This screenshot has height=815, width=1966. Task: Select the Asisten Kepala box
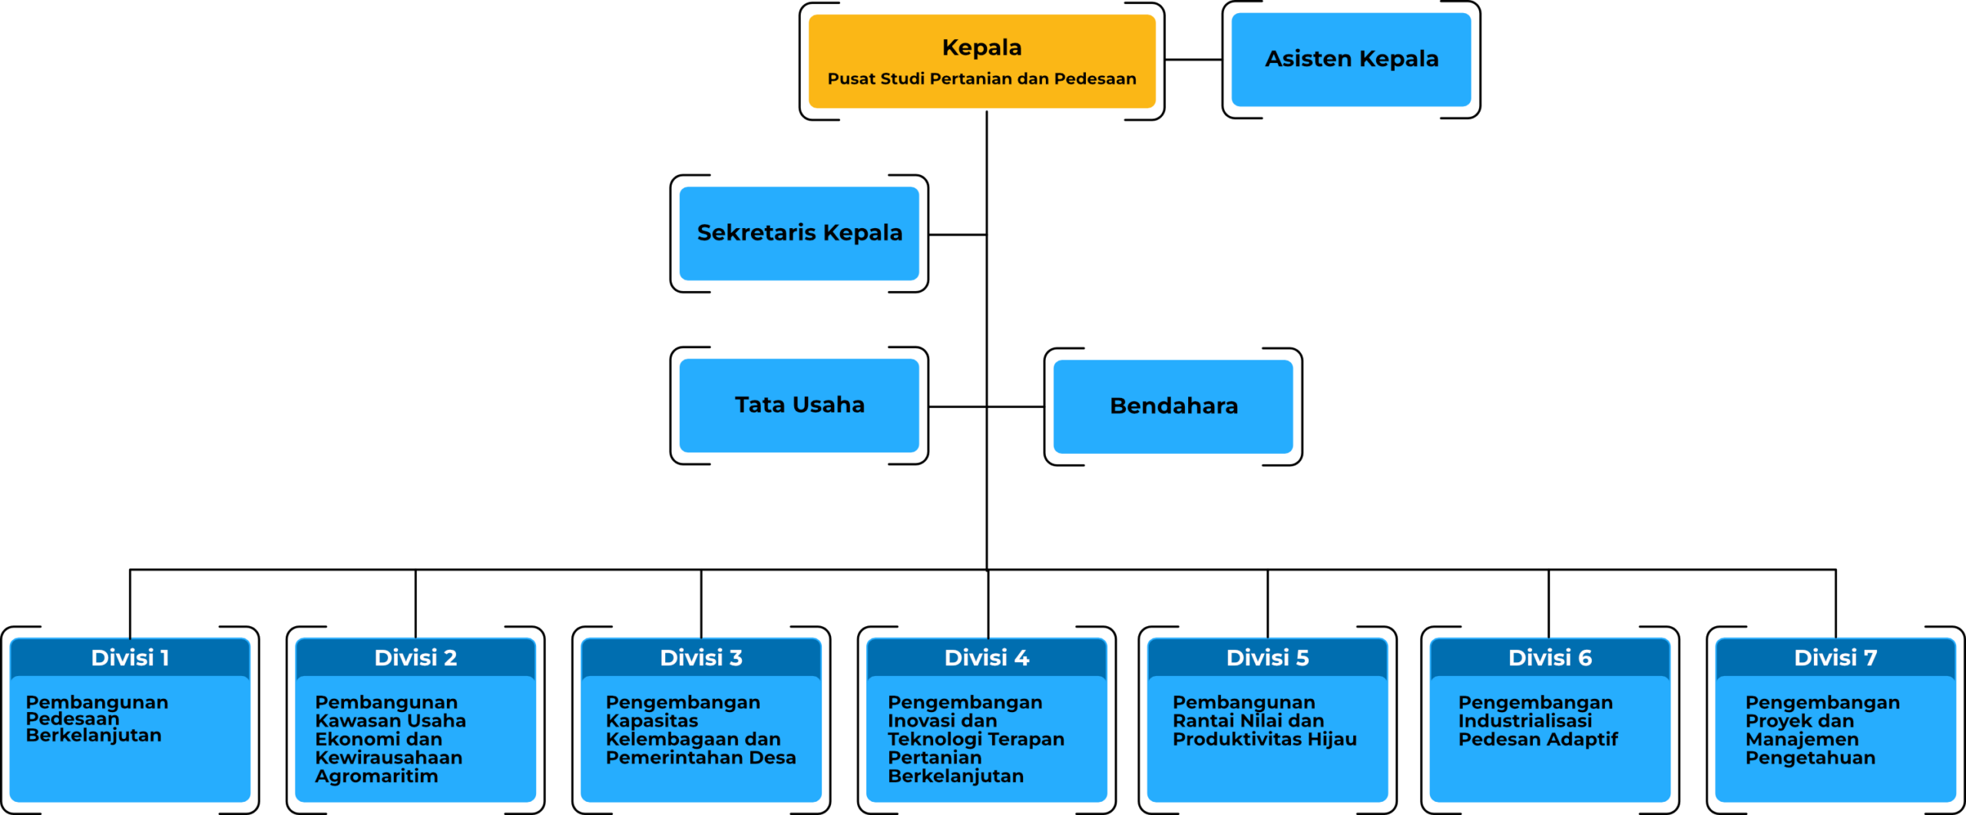pyautogui.click(x=1351, y=59)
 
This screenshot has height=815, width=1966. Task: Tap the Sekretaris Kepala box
pyautogui.click(x=799, y=233)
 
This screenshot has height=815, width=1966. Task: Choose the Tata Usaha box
pyautogui.click(x=799, y=405)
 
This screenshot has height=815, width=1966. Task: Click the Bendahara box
pyautogui.click(x=1173, y=406)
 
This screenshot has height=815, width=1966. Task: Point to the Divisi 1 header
pyautogui.click(x=130, y=658)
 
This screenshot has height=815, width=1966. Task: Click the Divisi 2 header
pyautogui.click(x=415, y=658)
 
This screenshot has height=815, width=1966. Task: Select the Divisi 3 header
pyautogui.click(x=701, y=658)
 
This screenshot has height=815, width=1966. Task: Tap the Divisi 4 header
pyautogui.click(x=986, y=658)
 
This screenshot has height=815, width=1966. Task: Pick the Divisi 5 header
pyautogui.click(x=1267, y=658)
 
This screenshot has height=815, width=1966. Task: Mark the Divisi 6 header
pyautogui.click(x=1550, y=658)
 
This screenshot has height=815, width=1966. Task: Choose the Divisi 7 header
pyautogui.click(x=1835, y=658)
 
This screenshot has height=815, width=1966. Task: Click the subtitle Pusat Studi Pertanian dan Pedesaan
pyautogui.click(x=981, y=79)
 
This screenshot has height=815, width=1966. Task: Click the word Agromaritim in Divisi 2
pyautogui.click(x=376, y=777)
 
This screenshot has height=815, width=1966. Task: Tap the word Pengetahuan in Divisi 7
pyautogui.click(x=1810, y=758)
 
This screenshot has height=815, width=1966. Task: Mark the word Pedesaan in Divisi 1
pyautogui.click(x=73, y=719)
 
